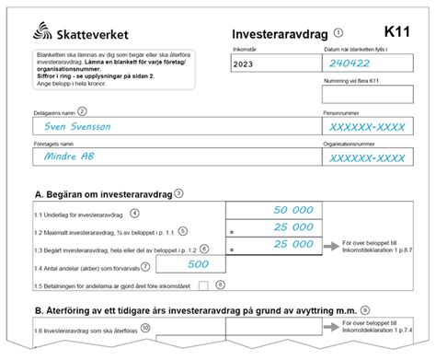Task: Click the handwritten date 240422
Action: coord(352,64)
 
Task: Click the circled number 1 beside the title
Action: coord(338,31)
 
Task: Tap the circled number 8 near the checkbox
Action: coord(221,285)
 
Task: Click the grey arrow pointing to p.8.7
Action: coord(329,247)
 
